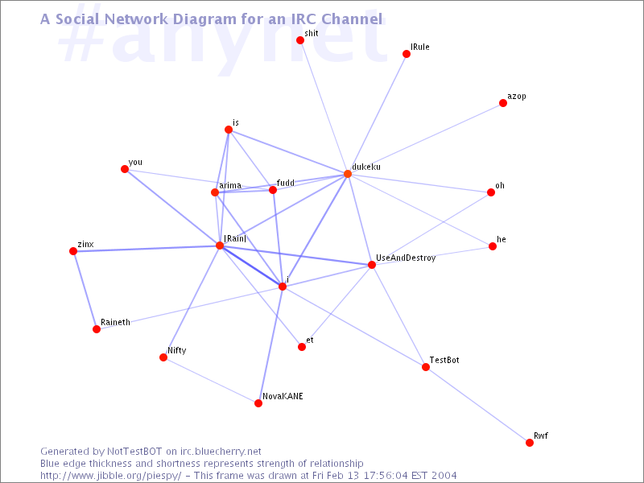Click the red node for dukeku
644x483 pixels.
pos(348,174)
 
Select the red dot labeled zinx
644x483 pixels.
pos(73,251)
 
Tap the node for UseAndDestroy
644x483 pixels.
pos(372,265)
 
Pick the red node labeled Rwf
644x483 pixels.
pos(529,442)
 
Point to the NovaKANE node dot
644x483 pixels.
pos(258,403)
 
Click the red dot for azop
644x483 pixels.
pos(503,103)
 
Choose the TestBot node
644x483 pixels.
pos(426,367)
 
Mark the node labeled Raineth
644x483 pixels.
pos(97,329)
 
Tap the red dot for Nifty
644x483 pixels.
pos(163,357)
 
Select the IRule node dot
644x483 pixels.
pos(407,54)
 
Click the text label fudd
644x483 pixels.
pos(286,183)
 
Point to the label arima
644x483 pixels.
pos(230,186)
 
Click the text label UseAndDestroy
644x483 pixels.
pos(406,258)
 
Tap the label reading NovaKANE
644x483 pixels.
pos(283,396)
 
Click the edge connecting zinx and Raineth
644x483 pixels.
pos(85,290)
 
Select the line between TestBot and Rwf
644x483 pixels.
pos(477,405)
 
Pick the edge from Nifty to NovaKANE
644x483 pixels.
pos(211,381)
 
